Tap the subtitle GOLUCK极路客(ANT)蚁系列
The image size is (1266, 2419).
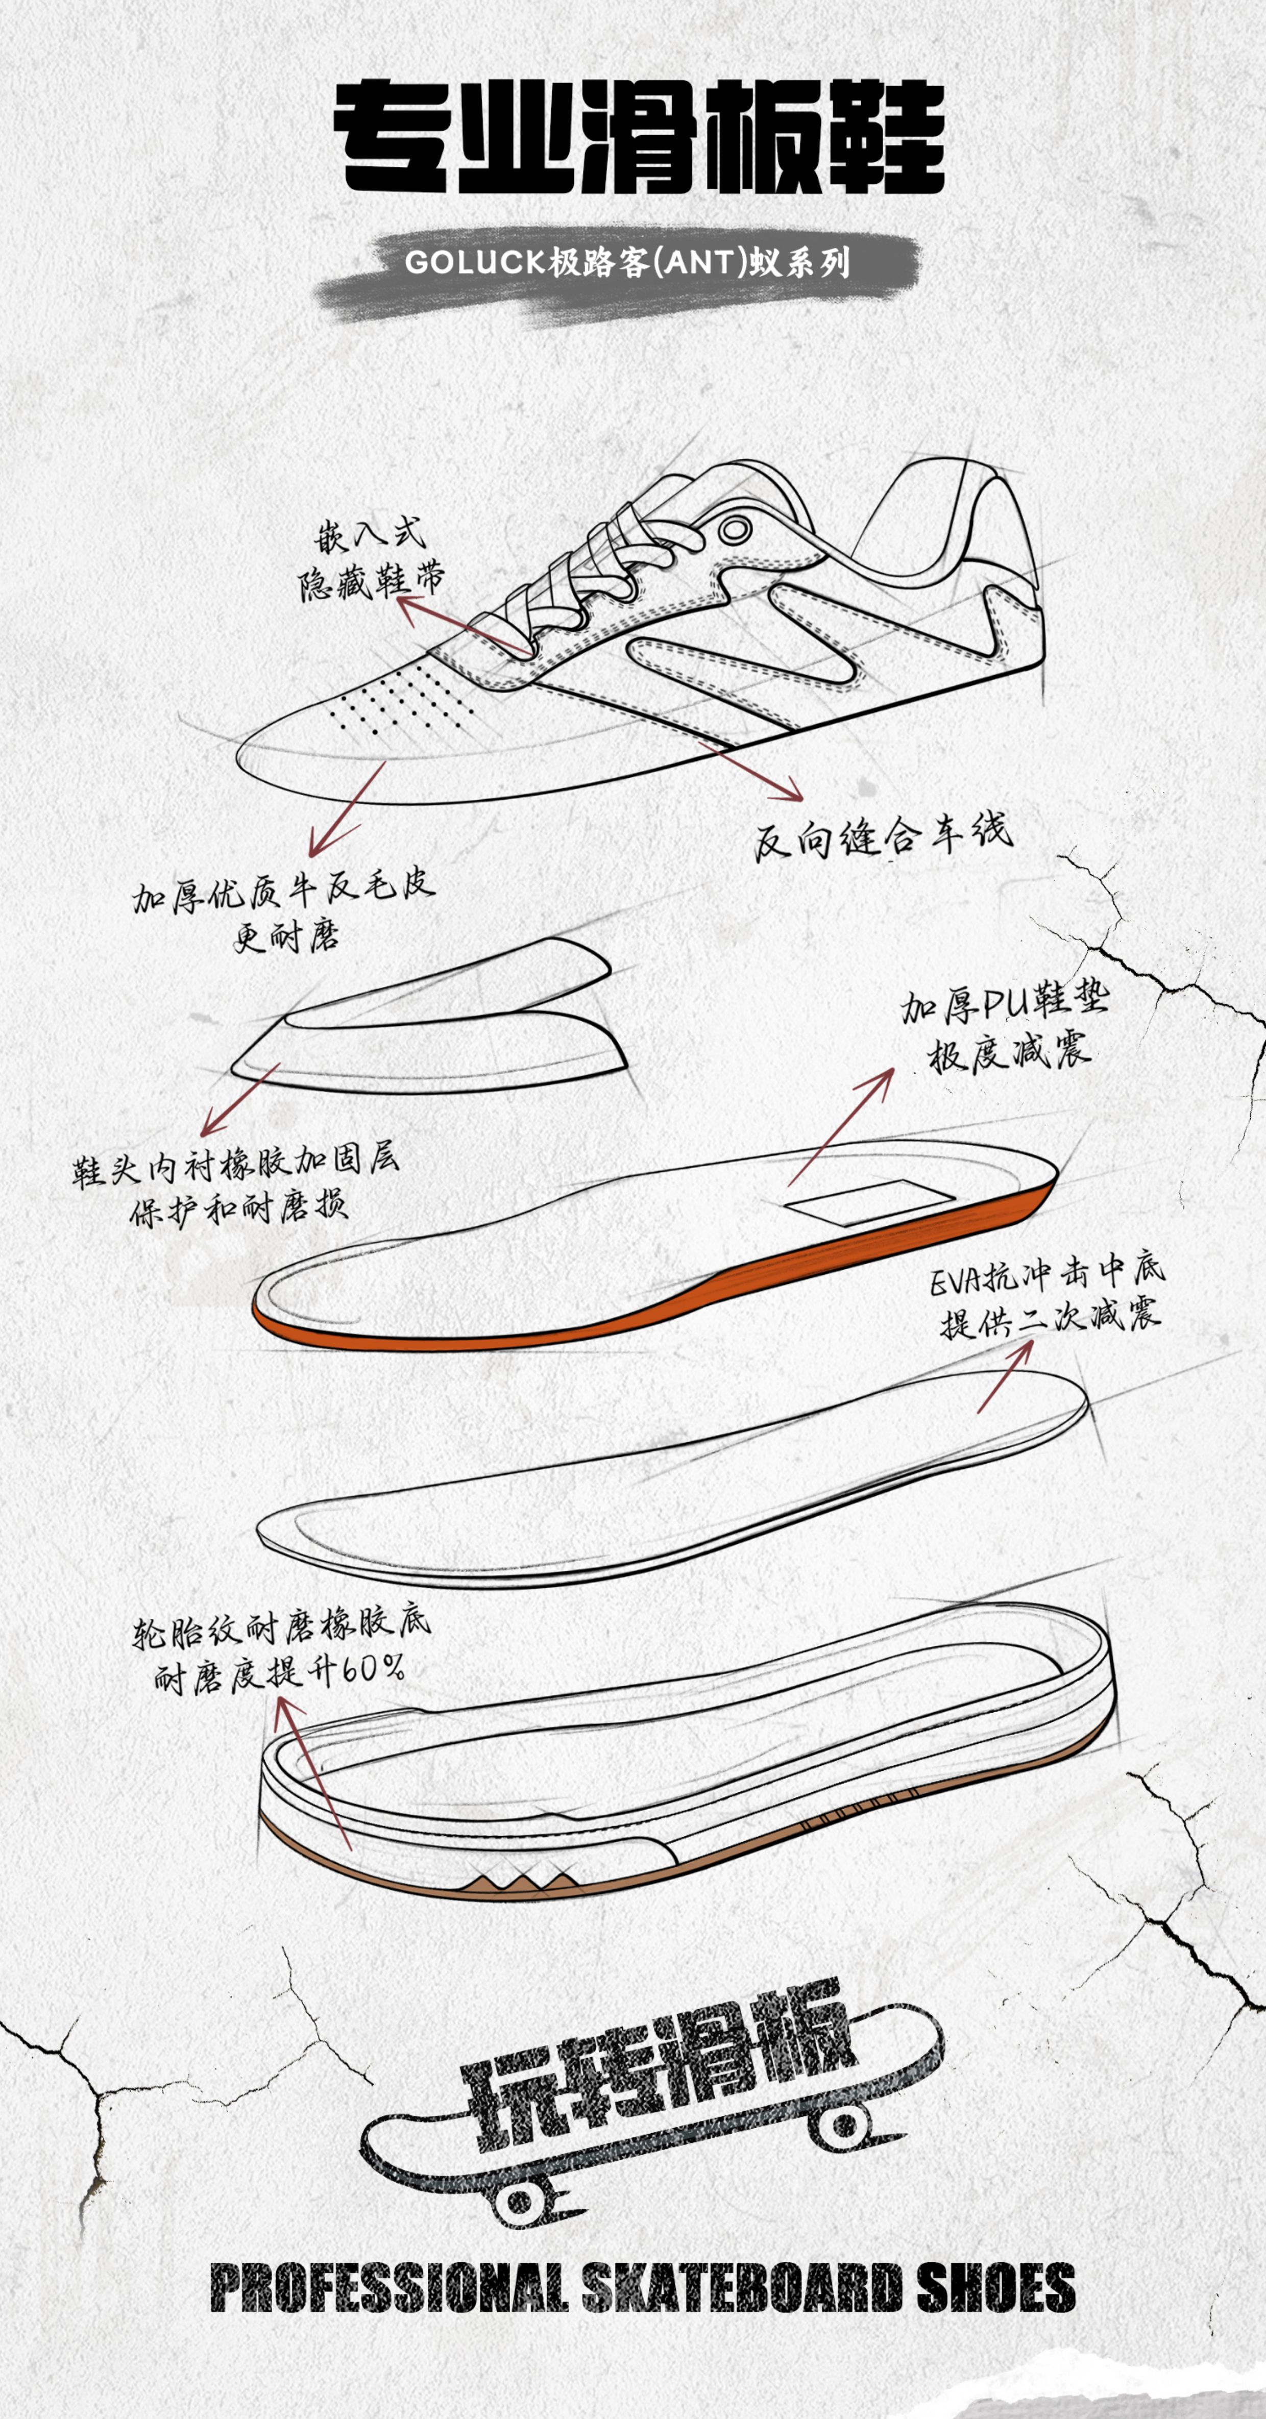627,262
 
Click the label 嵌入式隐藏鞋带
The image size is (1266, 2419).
371,561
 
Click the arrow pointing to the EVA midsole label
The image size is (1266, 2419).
1005,1376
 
